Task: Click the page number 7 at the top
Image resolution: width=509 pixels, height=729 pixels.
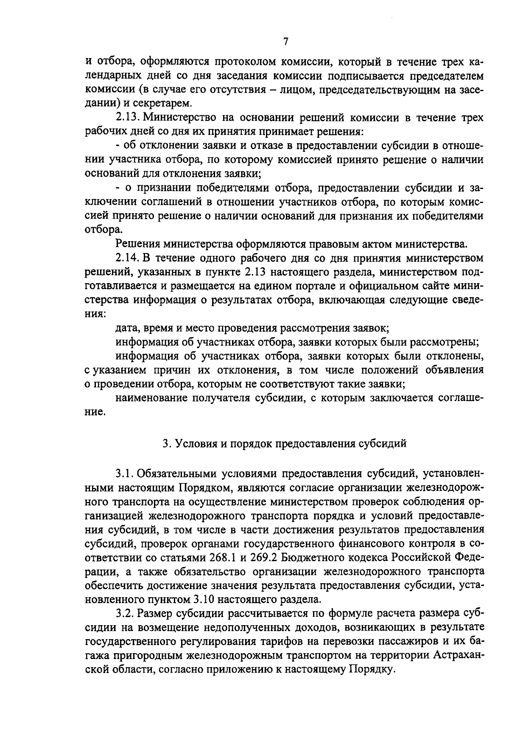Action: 285,41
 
